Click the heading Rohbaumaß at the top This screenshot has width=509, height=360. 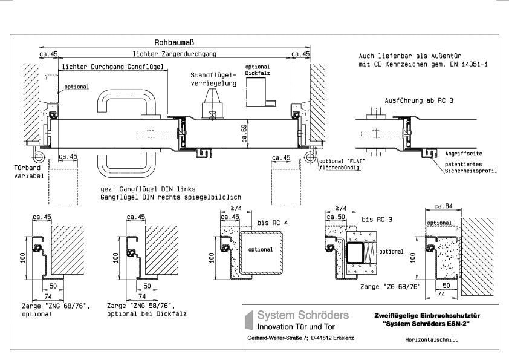coord(174,43)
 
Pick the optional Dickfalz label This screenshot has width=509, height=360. coord(258,70)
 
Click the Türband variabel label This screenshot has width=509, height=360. coord(26,172)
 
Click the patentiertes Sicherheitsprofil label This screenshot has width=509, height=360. coord(471,167)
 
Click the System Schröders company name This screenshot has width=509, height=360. coord(303,315)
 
